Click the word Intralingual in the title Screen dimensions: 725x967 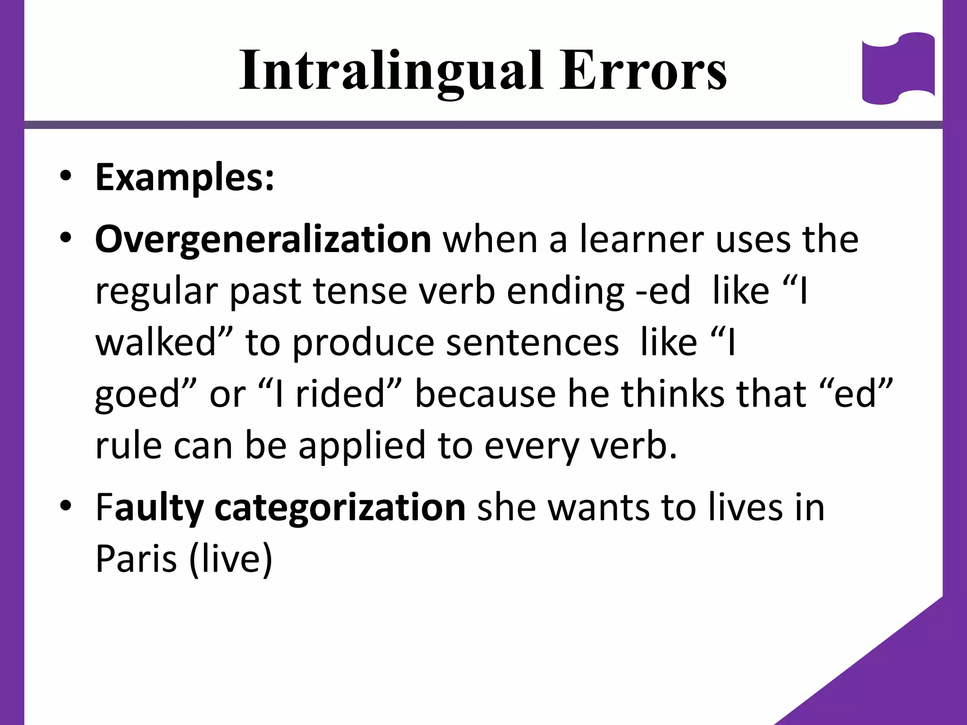pyautogui.click(x=391, y=71)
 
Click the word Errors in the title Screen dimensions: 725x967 pyautogui.click(x=643, y=71)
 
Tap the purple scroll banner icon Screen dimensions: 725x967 pyautogui.click(x=898, y=68)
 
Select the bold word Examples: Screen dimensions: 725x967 pyautogui.click(x=185, y=178)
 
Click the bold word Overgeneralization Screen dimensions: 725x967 pyautogui.click(x=263, y=240)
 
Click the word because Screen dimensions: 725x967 pyautogui.click(x=485, y=394)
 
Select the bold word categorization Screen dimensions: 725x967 pyautogui.click(x=340, y=508)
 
